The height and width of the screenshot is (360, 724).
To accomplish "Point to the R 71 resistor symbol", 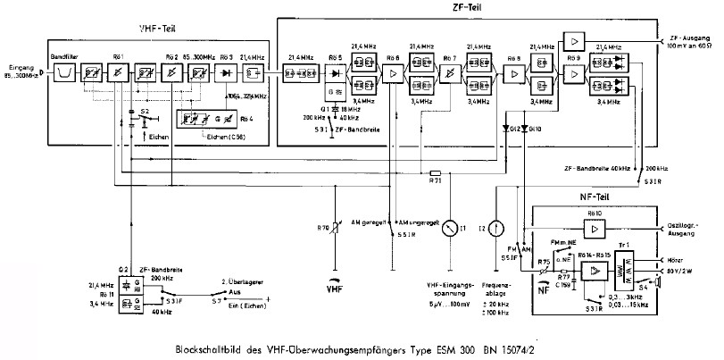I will pos(437,172).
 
